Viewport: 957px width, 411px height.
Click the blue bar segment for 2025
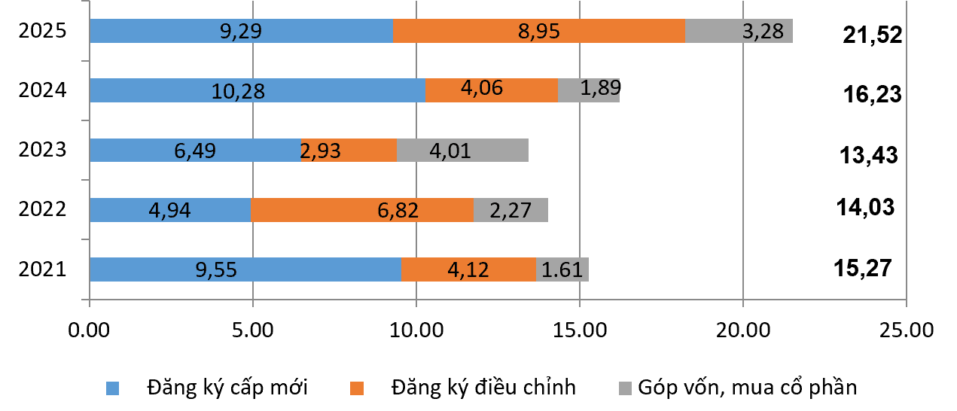[x=241, y=31]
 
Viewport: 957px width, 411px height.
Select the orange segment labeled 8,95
[x=538, y=31]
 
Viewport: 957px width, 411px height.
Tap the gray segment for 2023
[x=462, y=150]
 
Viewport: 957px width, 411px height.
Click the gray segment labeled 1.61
[x=562, y=269]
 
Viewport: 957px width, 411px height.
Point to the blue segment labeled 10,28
[x=258, y=90]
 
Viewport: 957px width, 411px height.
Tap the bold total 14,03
[x=865, y=206]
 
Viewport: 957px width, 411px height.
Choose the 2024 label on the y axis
[x=44, y=90]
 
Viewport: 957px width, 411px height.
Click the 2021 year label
[x=44, y=269]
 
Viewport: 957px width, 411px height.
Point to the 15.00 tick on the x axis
[x=579, y=329]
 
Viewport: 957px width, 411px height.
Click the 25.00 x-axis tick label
[x=906, y=329]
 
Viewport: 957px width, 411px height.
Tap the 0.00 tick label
[x=90, y=329]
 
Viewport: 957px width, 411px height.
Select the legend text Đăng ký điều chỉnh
[x=483, y=388]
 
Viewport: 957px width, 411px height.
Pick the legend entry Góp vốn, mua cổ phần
[x=747, y=388]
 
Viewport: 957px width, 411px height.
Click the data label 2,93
[x=321, y=151]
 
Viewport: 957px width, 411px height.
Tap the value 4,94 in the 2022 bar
[x=170, y=209]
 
